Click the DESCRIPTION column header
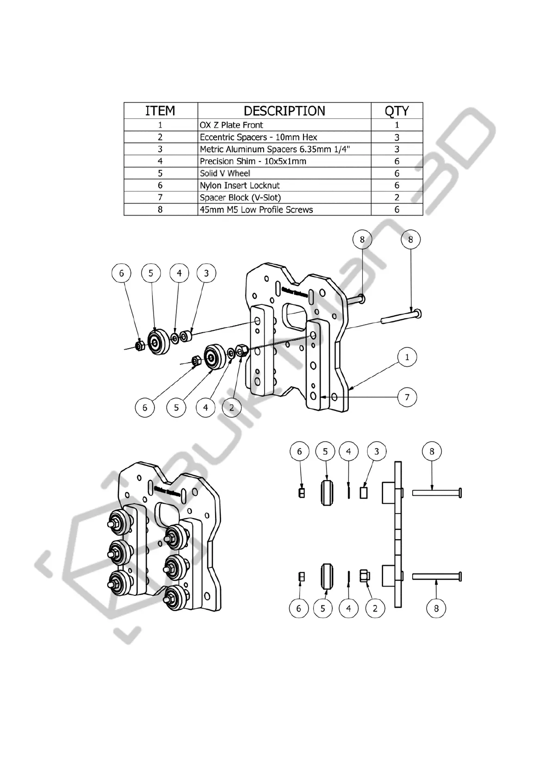(284, 111)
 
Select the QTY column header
(396, 111)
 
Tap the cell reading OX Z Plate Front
(231, 125)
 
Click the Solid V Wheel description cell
(225, 173)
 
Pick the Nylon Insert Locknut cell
(240, 185)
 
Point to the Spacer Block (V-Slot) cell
(240, 198)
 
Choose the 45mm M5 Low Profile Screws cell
(256, 210)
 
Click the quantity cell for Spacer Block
(396, 198)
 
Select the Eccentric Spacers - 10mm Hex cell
(258, 137)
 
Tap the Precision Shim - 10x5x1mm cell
(253, 161)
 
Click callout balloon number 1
(407, 357)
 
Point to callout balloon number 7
(407, 397)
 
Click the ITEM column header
(160, 111)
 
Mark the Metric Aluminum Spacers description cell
(275, 149)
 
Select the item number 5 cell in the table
(160, 173)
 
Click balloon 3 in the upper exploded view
(206, 273)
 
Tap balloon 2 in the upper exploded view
(232, 408)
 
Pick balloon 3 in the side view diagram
(377, 451)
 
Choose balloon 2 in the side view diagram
(375, 608)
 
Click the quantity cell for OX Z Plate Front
(396, 125)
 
